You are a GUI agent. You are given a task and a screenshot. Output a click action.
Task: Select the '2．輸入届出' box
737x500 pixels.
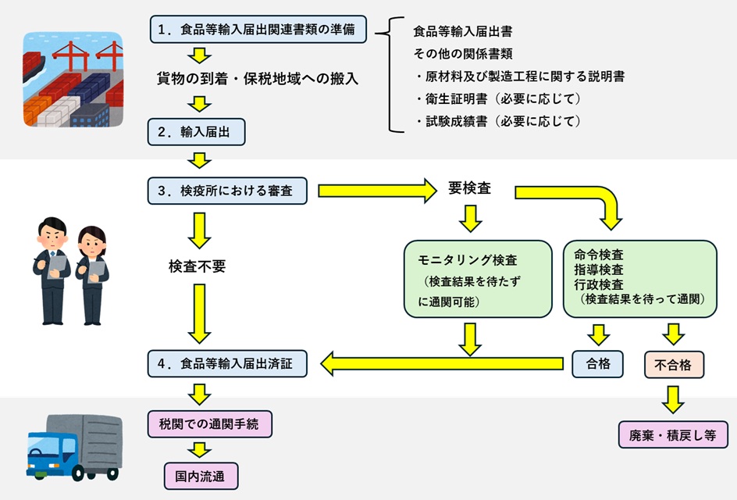click(197, 131)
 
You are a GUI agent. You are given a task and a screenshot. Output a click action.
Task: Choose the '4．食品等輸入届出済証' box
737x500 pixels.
click(227, 363)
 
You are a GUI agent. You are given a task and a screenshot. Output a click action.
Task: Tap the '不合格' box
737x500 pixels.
click(674, 363)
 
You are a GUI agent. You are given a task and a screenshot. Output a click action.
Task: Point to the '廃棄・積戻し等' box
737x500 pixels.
click(673, 435)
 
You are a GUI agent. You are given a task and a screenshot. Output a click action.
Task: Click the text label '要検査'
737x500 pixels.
click(470, 189)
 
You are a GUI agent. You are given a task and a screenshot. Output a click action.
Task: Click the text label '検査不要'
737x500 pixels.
click(197, 266)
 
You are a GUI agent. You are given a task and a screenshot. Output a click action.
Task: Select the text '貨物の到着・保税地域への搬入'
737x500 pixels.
click(257, 78)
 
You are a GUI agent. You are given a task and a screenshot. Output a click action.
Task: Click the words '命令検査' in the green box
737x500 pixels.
click(599, 254)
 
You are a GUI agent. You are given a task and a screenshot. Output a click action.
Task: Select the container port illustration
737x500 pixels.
click(73, 80)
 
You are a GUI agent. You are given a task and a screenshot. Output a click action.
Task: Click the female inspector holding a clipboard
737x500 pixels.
click(93, 275)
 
